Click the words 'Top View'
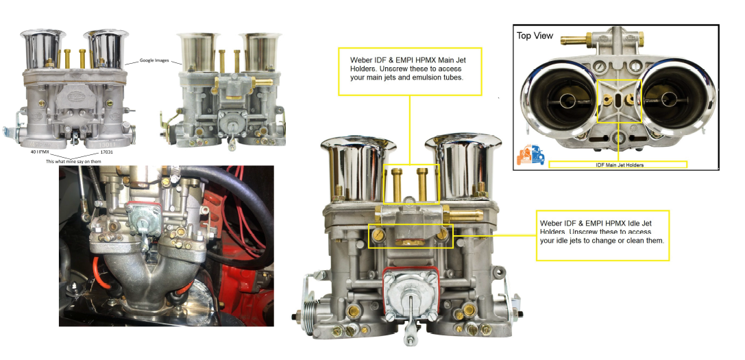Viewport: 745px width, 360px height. pyautogui.click(x=535, y=36)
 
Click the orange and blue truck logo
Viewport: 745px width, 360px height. pyautogui.click(x=531, y=156)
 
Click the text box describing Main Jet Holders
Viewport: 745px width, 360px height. pyautogui.click(x=410, y=71)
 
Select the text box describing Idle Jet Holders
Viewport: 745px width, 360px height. pyautogui.click(x=602, y=235)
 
